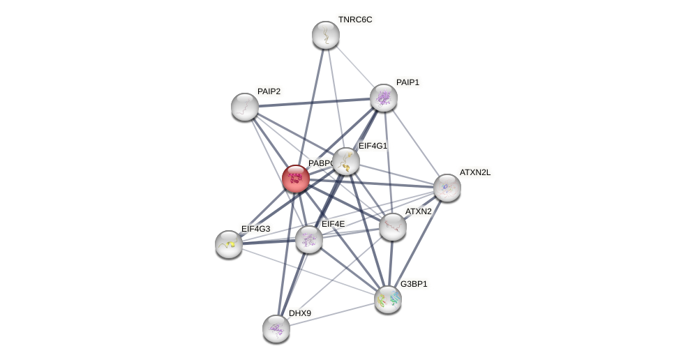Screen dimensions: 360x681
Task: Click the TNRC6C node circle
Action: click(x=325, y=35)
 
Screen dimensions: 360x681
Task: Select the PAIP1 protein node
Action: click(x=383, y=98)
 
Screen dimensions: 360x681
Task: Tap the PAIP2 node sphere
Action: click(x=245, y=107)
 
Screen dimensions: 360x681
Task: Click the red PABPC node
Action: click(x=296, y=179)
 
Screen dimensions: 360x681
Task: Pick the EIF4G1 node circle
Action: click(x=346, y=161)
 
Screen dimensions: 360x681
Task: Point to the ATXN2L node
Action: click(x=447, y=188)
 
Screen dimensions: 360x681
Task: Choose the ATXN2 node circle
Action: click(x=393, y=226)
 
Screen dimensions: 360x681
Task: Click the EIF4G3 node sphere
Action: click(x=229, y=243)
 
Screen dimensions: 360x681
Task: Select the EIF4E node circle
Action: click(x=309, y=239)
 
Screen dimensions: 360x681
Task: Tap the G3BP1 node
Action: click(x=388, y=299)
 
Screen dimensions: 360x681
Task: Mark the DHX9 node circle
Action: click(x=276, y=328)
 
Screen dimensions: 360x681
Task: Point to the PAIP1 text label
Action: click(x=407, y=82)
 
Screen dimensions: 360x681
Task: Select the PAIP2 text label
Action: click(x=269, y=91)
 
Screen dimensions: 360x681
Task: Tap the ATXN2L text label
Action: click(x=474, y=172)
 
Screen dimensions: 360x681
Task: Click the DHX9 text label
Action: click(x=299, y=313)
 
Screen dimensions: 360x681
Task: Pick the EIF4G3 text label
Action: click(x=255, y=228)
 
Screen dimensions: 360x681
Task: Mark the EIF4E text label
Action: click(x=332, y=224)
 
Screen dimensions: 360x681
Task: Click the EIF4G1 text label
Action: click(x=373, y=146)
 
